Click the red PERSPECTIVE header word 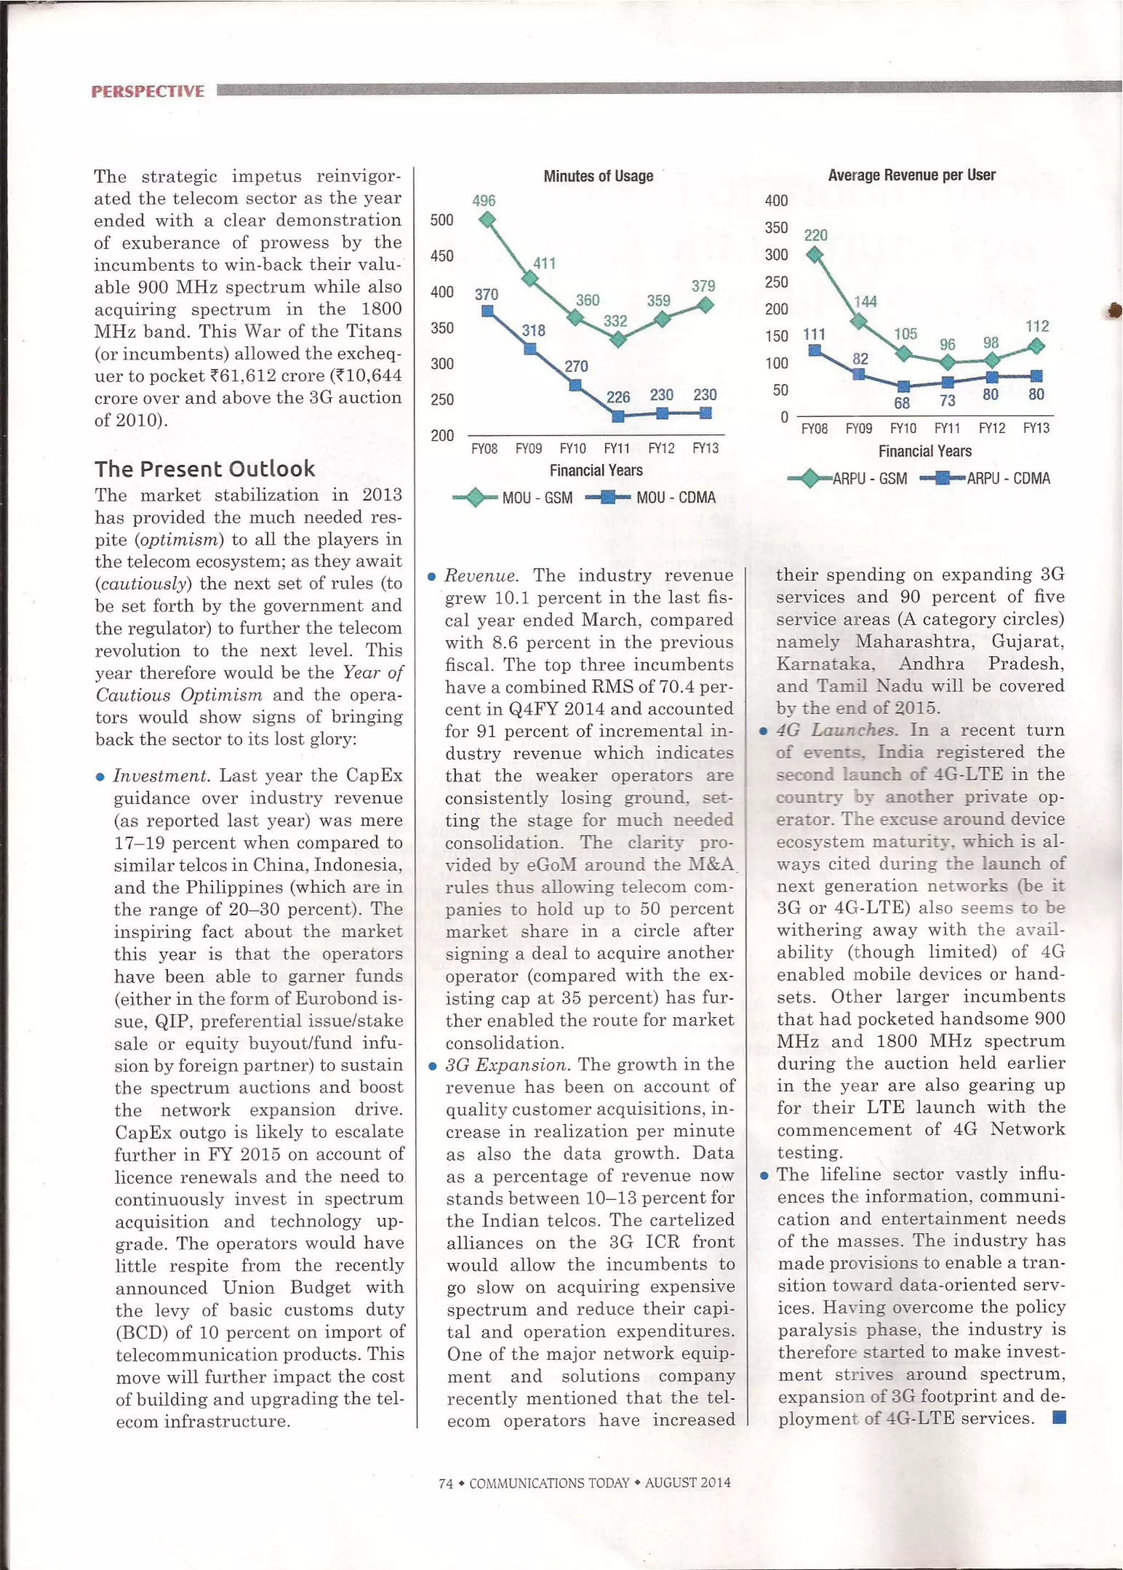click(x=148, y=91)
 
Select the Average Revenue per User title click(x=911, y=175)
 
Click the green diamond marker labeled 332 click(x=618, y=339)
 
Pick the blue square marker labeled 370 click(x=487, y=311)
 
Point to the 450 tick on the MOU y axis click(x=442, y=256)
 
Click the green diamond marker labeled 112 click(x=1036, y=346)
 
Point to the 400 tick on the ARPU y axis click(x=776, y=201)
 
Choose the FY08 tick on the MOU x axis click(x=484, y=448)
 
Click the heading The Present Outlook click(x=205, y=468)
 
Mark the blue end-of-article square click(x=1058, y=1418)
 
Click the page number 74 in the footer click(x=445, y=1483)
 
